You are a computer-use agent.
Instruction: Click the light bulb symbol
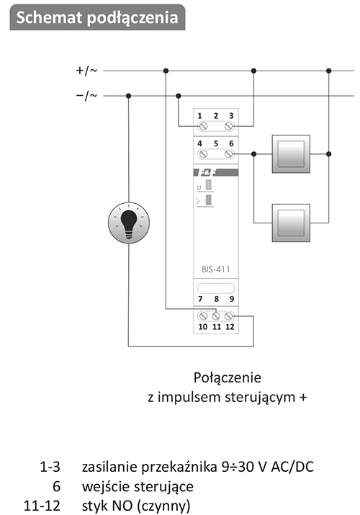pyautogui.click(x=129, y=223)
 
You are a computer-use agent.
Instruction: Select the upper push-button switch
pyautogui.click(x=291, y=153)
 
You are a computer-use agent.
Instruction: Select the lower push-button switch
pyautogui.click(x=291, y=223)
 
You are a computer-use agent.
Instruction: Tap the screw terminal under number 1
pyautogui.click(x=203, y=126)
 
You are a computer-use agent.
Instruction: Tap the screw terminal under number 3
pyautogui.click(x=229, y=126)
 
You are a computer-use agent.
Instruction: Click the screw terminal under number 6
pyautogui.click(x=229, y=153)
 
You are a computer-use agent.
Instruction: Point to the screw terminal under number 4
pyautogui.click(x=203, y=153)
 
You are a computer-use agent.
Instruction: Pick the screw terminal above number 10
pyautogui.click(x=203, y=316)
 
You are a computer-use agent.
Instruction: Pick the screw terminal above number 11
pyautogui.click(x=216, y=316)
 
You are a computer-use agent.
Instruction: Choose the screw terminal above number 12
pyautogui.click(x=229, y=316)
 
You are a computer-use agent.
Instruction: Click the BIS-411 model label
pyautogui.click(x=215, y=269)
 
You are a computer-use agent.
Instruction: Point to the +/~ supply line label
pyautogui.click(x=86, y=71)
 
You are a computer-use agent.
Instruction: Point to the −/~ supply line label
pyautogui.click(x=86, y=96)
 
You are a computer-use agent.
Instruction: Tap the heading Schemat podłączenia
pyautogui.click(x=97, y=17)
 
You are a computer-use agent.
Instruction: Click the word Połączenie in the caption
pyautogui.click(x=227, y=377)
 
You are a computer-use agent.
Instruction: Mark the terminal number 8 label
pyautogui.click(x=216, y=299)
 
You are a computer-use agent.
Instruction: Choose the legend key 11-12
pyautogui.click(x=42, y=506)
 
